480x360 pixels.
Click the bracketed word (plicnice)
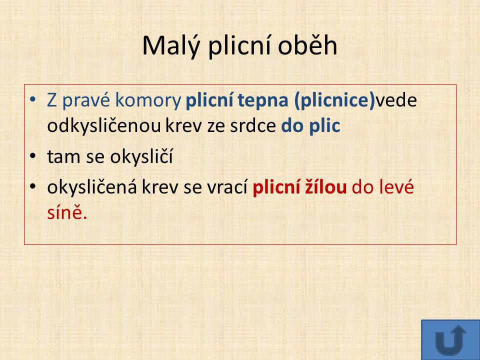click(x=334, y=100)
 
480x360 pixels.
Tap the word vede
click(x=396, y=100)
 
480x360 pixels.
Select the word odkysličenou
click(x=104, y=126)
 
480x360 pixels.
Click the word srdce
click(x=253, y=126)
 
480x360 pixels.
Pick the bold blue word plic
click(x=324, y=126)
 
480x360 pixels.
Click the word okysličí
click(x=141, y=156)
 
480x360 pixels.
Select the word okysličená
click(x=92, y=187)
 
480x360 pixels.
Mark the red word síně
click(x=67, y=212)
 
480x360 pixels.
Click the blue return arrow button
click(x=450, y=340)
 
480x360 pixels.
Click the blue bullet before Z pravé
click(x=33, y=99)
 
